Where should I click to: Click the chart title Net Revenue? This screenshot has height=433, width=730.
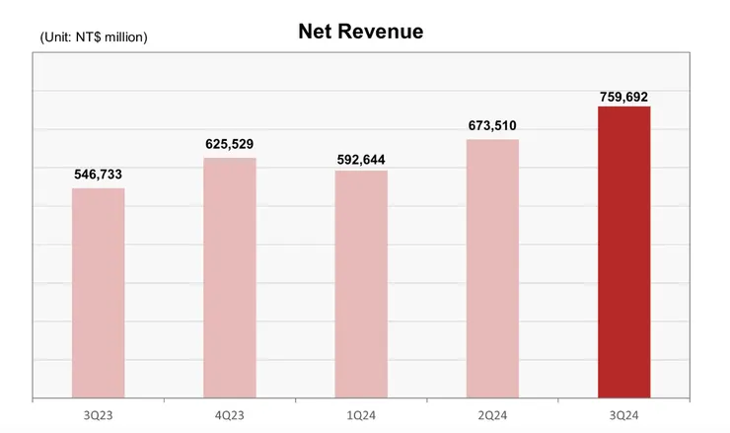360,32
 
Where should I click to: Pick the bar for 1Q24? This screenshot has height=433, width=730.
361,284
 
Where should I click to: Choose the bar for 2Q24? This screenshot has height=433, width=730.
492,268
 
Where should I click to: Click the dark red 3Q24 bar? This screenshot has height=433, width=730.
623,252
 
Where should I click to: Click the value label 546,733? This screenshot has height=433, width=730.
99,175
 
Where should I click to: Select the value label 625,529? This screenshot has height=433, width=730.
230,144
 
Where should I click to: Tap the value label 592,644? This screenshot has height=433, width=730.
361,157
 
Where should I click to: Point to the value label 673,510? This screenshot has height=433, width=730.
492,125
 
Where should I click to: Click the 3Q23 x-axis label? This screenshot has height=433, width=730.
99,414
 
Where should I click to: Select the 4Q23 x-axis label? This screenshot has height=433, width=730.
230,414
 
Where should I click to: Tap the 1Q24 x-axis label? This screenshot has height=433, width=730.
361,414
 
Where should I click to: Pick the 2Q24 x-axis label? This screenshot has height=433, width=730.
492,414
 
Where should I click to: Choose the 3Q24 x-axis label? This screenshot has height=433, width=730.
623,414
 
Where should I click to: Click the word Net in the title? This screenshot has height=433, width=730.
316,32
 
